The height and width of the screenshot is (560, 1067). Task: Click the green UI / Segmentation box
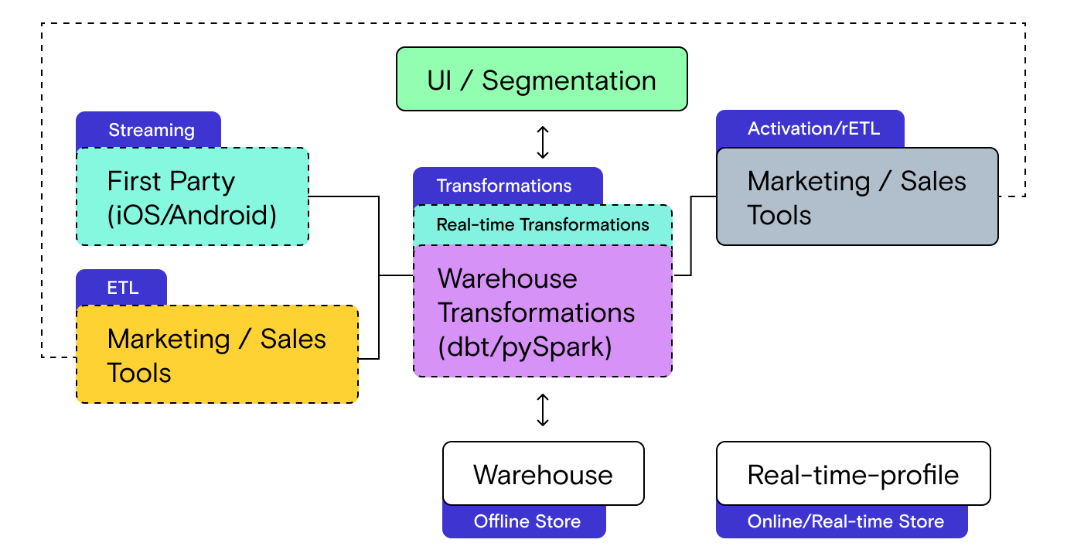541,80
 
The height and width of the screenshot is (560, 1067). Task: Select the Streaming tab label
151,130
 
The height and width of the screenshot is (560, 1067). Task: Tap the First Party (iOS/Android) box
192,197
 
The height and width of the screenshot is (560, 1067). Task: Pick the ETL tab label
122,288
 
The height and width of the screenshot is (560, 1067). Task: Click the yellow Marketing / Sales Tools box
216,355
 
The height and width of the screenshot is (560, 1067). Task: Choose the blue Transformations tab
504,186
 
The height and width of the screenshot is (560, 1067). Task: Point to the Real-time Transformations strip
542,225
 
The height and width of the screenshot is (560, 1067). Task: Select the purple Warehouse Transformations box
542,312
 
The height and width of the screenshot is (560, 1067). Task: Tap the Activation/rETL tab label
813,128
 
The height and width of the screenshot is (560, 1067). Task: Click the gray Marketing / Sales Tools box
857,197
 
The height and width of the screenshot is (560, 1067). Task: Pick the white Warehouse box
543,474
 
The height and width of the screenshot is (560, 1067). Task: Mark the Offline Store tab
527,521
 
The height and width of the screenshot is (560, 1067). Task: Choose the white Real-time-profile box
853,474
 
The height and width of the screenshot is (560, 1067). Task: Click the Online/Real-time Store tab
845,521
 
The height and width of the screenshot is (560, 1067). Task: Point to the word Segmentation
569,80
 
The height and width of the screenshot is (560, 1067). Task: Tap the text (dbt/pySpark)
525,347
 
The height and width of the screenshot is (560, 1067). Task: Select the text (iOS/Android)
192,214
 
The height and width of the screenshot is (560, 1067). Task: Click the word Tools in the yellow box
139,373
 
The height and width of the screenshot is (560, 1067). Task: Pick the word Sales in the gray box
933,181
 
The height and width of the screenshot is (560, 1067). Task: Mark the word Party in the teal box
203,181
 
